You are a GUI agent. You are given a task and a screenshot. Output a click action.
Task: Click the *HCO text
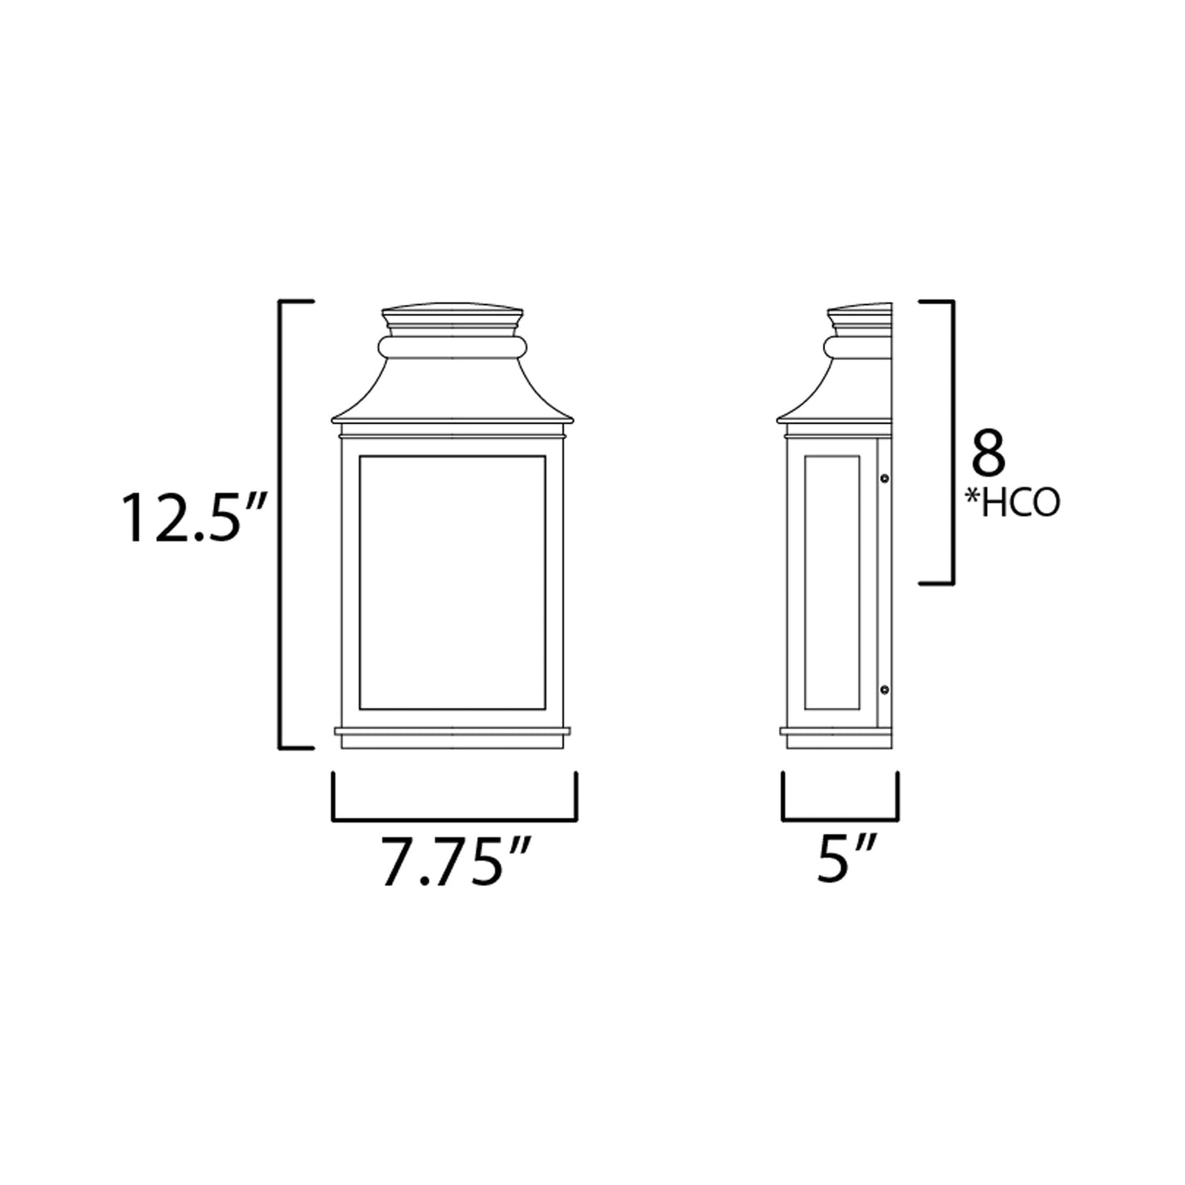tap(1020, 505)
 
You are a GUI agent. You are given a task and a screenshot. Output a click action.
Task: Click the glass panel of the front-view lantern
tap(453, 582)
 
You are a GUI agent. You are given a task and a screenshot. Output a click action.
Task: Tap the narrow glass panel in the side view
tap(832, 582)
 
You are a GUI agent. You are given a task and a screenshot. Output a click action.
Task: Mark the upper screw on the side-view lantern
tap(885, 478)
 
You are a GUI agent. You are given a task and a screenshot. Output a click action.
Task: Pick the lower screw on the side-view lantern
tap(885, 690)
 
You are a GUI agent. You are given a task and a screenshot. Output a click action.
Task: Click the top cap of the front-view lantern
tap(453, 315)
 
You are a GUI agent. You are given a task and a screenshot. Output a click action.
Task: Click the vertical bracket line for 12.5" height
tap(282, 525)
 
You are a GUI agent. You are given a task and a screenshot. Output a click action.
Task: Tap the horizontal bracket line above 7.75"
tap(454, 818)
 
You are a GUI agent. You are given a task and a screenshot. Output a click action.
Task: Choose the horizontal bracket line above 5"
tap(841, 818)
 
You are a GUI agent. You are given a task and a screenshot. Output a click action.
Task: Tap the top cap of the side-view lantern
tap(859, 317)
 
